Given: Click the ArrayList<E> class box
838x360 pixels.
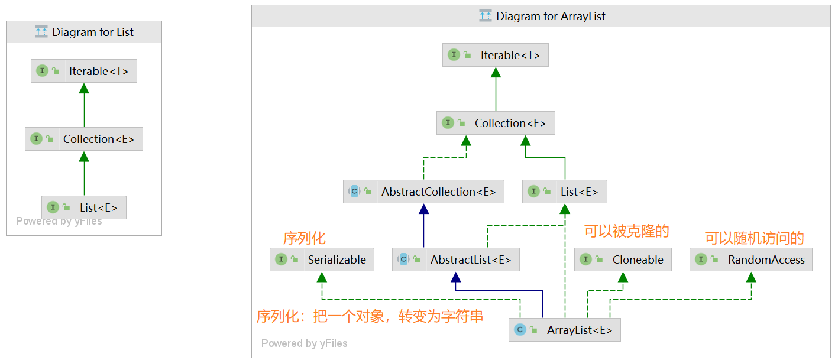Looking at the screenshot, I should tap(564, 330).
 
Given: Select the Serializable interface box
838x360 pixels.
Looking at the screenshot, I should tap(322, 260).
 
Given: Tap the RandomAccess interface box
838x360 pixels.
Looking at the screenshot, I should tap(750, 260).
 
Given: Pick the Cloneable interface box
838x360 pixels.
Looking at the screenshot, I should tap(623, 260).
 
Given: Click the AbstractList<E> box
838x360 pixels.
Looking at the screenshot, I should tap(455, 260).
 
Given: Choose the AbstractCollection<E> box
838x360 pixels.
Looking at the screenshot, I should tap(423, 192).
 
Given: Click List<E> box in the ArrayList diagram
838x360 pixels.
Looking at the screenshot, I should tap(564, 192).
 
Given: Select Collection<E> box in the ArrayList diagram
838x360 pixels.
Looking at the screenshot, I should tap(496, 123).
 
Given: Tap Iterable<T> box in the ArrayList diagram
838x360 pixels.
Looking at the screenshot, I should tap(495, 55).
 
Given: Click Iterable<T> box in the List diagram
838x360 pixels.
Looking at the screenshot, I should tap(84, 71).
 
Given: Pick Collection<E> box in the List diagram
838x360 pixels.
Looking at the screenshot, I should tap(84, 139).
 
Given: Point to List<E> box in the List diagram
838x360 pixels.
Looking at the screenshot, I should tap(84, 207).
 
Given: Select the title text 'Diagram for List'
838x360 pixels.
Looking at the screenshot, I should tap(93, 33).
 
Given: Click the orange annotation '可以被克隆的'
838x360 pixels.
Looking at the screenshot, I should tap(626, 231).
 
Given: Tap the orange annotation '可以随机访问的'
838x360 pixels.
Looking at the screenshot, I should tap(754, 238).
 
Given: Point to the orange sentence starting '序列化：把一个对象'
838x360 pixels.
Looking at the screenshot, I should tap(370, 316).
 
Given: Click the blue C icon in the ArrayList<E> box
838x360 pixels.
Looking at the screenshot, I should tap(520, 330).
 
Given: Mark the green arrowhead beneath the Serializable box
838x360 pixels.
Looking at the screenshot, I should tap(322, 277).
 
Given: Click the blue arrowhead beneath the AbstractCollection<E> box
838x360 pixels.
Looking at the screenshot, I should tap(423, 209).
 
